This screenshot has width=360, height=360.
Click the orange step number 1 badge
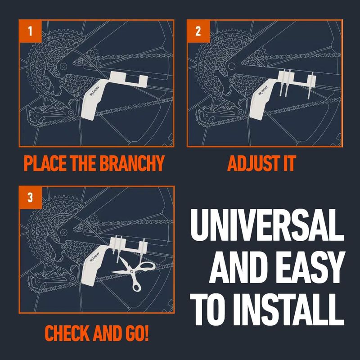(30, 31)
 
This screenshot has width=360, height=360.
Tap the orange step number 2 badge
(198, 31)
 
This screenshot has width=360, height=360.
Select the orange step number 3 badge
(31, 198)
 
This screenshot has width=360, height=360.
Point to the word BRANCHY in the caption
(132, 163)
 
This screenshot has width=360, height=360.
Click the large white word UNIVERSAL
(267, 225)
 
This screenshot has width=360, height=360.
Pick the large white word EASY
(310, 267)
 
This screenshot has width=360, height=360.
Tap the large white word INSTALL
(290, 310)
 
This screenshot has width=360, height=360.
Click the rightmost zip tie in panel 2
(310, 85)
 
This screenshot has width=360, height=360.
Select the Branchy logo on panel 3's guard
(95, 257)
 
